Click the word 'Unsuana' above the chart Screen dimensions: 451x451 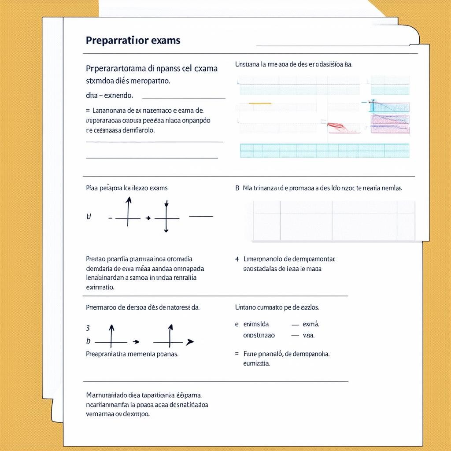(247, 64)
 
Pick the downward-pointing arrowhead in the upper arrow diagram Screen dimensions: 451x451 (166, 204)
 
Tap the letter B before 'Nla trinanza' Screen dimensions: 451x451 (237, 188)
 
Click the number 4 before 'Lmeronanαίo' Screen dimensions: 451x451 (237, 259)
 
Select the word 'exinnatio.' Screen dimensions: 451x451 (100, 287)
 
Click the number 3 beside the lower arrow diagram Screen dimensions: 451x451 (88, 328)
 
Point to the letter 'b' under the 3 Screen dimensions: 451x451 (88, 341)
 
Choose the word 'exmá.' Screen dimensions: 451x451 (311, 324)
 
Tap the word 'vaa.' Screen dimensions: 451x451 (309, 335)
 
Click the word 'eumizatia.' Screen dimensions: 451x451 (256, 364)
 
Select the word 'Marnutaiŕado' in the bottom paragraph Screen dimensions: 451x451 (106, 395)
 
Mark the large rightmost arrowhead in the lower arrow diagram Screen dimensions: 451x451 (190, 342)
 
